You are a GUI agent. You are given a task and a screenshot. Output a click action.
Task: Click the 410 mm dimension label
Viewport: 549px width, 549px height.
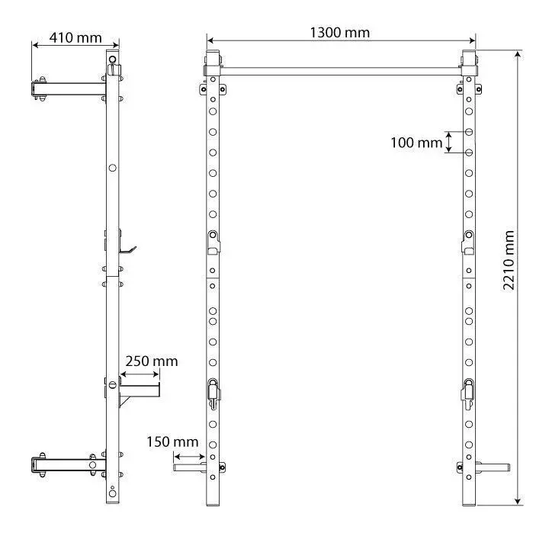75,37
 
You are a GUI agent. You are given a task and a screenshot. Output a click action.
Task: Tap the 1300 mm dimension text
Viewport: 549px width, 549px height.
339,32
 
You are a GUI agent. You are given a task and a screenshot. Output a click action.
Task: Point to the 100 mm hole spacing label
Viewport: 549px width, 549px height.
416,142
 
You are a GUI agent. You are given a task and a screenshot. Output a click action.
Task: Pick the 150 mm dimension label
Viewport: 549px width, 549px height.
174,441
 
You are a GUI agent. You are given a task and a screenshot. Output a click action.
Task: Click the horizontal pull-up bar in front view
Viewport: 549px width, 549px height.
341,69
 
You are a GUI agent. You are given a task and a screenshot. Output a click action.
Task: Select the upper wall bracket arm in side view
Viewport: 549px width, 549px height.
69,88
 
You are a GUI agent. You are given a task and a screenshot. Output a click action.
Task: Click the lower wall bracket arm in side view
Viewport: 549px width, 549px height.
65,464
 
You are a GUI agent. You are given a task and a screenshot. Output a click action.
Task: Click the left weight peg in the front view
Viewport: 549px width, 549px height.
188,467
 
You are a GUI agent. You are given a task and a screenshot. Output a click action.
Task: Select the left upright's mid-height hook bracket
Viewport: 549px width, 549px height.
213,242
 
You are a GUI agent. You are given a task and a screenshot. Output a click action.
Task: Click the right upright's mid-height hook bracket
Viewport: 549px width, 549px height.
469,242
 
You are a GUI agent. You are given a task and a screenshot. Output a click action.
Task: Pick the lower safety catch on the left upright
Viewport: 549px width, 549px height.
213,392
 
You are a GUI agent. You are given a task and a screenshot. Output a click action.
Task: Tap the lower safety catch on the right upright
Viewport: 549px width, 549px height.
469,392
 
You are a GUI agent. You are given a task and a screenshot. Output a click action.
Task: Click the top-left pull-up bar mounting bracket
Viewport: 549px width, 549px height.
213,64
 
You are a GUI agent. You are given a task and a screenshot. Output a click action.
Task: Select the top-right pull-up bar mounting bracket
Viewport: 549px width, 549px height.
469,64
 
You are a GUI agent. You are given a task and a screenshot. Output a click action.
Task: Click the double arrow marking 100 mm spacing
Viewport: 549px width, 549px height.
449,142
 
